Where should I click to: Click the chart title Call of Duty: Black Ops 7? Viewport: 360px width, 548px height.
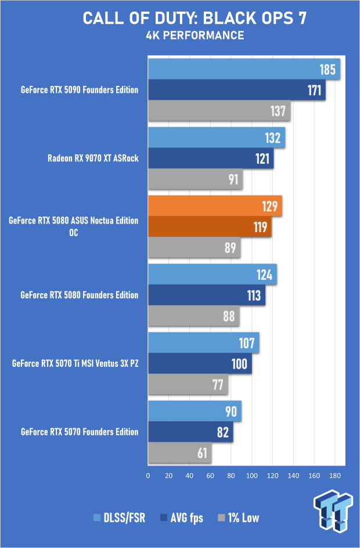coord(195,18)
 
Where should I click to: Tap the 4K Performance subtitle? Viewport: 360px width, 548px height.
coord(195,36)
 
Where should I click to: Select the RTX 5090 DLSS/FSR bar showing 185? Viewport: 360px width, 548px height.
coord(244,70)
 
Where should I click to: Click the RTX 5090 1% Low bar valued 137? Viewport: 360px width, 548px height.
coord(219,110)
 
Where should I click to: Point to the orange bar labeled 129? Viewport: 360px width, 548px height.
coord(215,206)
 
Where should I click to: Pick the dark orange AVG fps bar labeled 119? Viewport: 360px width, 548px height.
coord(210,226)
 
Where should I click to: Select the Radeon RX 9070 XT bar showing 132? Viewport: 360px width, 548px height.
coord(217,138)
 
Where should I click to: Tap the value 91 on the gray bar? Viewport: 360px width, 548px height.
coord(233,179)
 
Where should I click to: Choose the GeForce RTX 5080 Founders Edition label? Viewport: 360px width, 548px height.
coord(80,295)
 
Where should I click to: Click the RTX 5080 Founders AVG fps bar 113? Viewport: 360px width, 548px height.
coord(207,295)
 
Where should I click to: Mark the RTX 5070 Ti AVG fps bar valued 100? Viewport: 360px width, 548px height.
coord(200,364)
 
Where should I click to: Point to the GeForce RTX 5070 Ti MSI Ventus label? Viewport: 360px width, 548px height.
coord(75,364)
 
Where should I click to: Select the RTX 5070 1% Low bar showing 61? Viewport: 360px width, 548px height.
coord(179,453)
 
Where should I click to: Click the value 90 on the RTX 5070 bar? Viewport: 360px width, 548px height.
coord(231,412)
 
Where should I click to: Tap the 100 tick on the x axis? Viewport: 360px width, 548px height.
coord(251,476)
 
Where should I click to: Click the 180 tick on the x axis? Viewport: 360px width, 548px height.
coord(334,476)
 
